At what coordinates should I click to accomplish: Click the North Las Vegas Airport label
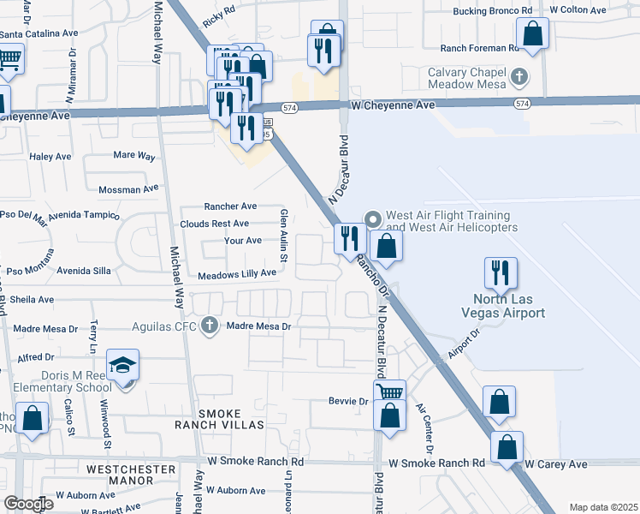coord(510,307)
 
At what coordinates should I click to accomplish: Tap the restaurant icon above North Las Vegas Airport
coord(501,272)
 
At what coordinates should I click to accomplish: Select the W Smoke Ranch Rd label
coord(436,463)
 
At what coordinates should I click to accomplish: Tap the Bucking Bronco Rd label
coord(492,10)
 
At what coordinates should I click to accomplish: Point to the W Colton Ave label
coord(578,10)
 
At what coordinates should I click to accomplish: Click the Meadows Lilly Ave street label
coord(237,274)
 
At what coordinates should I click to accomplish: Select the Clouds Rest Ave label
coord(214,224)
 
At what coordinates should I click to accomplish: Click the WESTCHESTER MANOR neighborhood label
coord(131,469)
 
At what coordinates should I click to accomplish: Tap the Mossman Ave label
coord(129,188)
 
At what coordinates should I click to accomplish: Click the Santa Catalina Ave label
coord(39,34)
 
